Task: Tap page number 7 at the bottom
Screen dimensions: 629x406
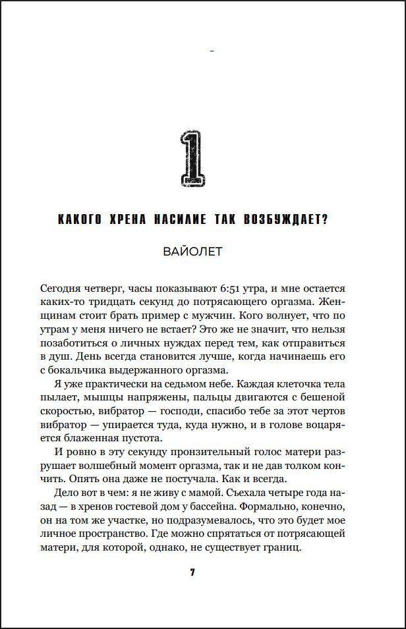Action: (x=192, y=572)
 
